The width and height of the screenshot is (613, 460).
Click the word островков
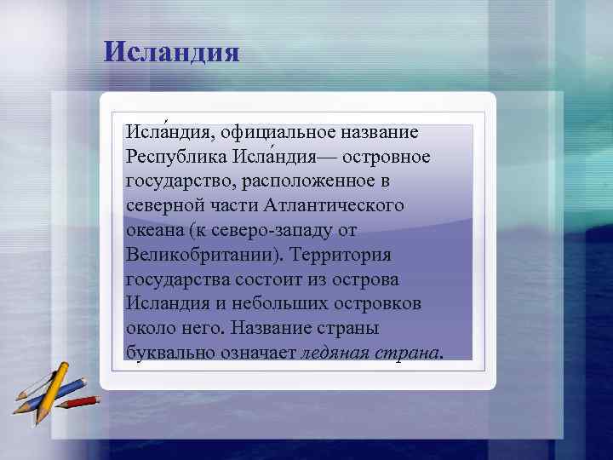(x=381, y=303)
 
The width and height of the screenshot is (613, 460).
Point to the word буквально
(x=166, y=353)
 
